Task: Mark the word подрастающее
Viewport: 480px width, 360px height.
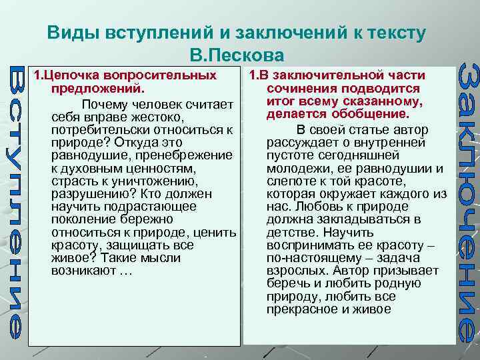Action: [x=153, y=206]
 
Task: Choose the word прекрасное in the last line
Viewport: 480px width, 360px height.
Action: [x=300, y=309]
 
